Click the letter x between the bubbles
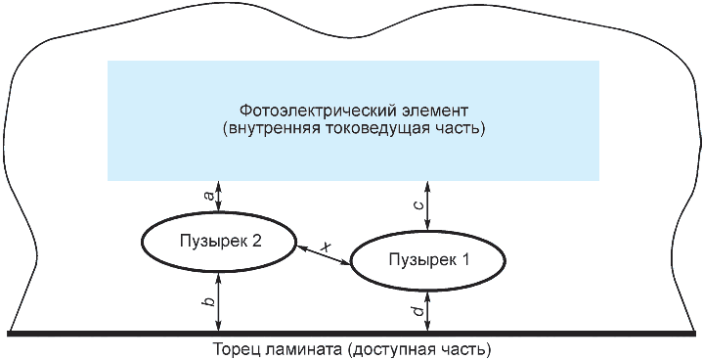pos(329,247)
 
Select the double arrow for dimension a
pos(218,196)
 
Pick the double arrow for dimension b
pos(219,302)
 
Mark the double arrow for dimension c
pos(427,205)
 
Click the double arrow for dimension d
pos(427,311)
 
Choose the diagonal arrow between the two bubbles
pos(323,254)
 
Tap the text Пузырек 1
pos(429,259)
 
